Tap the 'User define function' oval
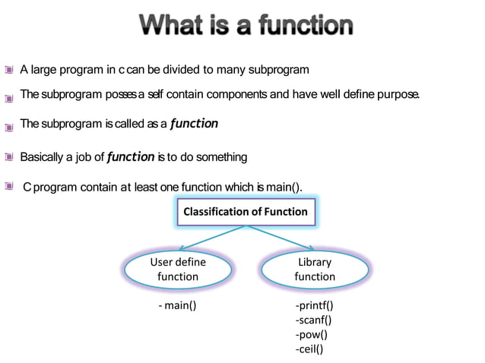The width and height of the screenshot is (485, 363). point(178,269)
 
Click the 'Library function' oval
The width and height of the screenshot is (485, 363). point(314,269)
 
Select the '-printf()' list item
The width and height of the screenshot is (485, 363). point(314,306)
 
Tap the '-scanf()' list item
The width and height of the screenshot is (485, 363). point(313,320)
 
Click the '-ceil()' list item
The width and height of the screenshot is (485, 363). point(309,349)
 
